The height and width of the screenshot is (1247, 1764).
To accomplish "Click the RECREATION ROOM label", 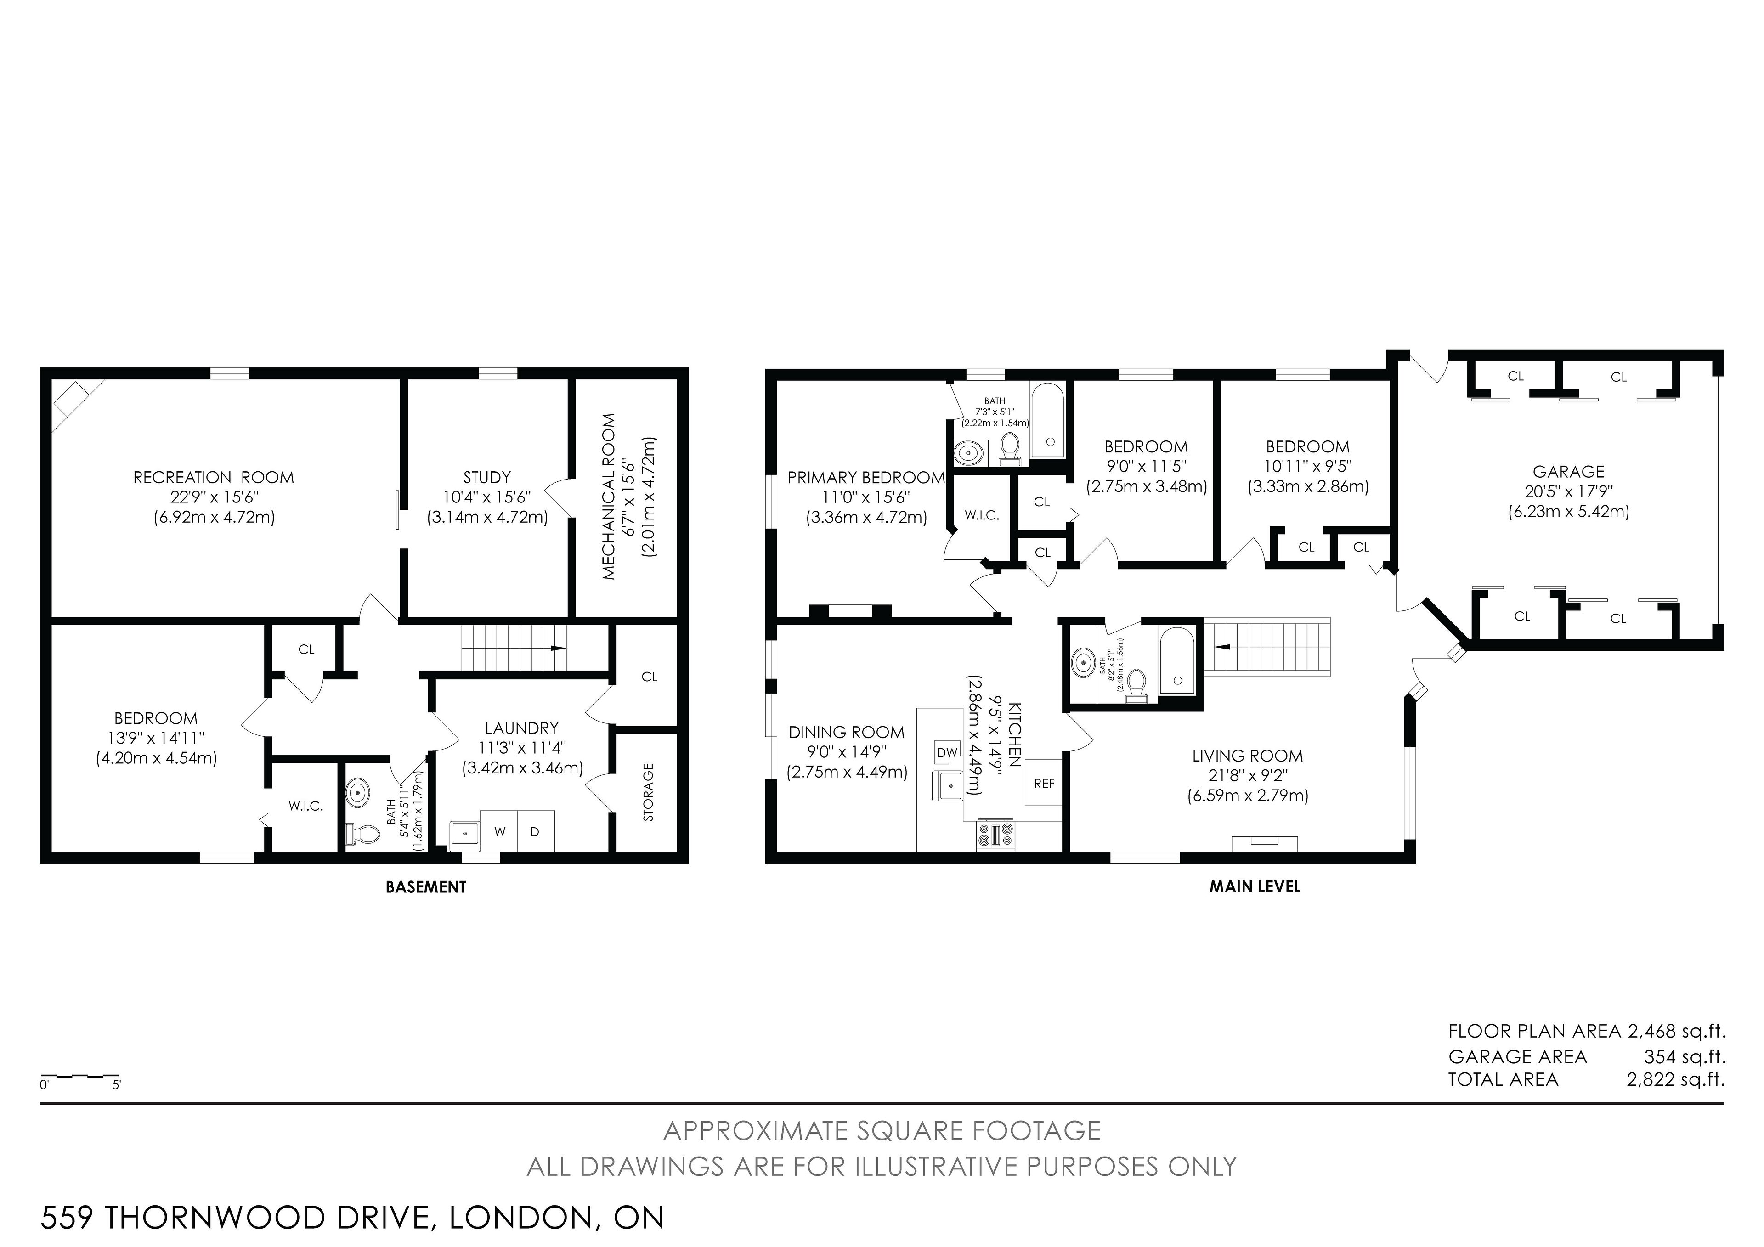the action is [x=214, y=478].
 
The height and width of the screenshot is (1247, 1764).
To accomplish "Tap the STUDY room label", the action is [x=487, y=478].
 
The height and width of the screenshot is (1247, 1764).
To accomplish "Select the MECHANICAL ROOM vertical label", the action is [x=609, y=497].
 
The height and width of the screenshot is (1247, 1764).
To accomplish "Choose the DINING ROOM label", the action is [x=847, y=732].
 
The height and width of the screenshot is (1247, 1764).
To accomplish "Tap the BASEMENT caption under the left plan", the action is [x=426, y=886].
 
